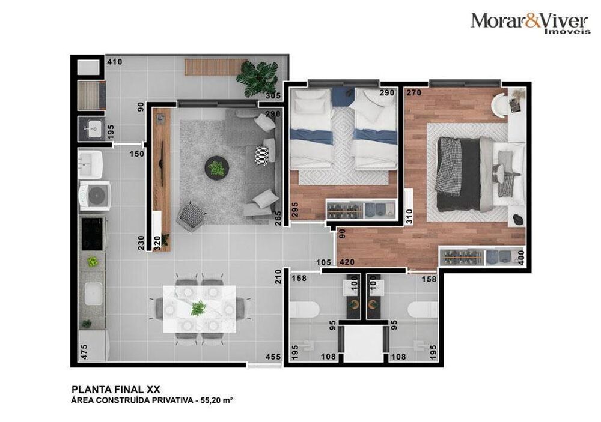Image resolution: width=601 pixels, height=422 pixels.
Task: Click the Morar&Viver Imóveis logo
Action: [530, 22]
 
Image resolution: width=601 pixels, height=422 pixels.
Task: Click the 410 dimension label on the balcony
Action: [114, 61]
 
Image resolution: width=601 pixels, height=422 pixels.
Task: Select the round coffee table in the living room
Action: [216, 168]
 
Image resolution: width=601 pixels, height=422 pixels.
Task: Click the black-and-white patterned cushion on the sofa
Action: [261, 155]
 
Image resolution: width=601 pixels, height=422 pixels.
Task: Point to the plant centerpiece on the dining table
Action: [198, 308]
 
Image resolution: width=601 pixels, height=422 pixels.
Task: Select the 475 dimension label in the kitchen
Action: [84, 351]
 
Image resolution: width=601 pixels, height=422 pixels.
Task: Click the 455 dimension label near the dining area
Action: [273, 357]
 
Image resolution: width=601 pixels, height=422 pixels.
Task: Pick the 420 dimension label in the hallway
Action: [347, 262]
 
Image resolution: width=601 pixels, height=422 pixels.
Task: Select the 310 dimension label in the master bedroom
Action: [409, 216]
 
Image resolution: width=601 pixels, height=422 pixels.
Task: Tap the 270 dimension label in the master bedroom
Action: [413, 94]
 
